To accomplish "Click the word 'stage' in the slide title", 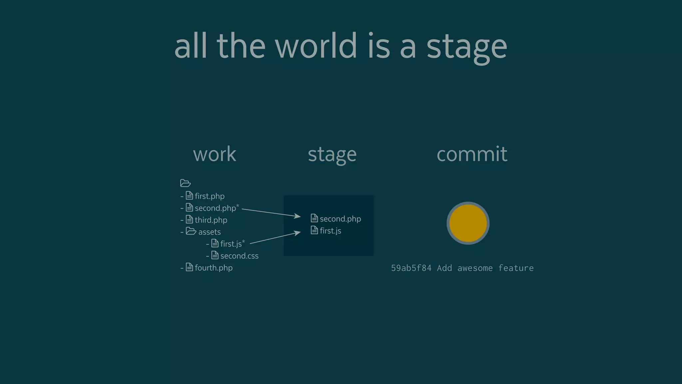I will pos(467,47).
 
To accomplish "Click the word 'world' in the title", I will pos(316,46).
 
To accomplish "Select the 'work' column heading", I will pos(214,154).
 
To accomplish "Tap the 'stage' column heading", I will pos(332,155).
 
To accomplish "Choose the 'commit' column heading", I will pos(472,154).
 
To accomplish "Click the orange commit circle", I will pos(468,223).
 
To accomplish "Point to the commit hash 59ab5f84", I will pos(411,268).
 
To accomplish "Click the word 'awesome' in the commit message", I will pos(475,268).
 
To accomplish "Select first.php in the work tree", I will pos(209,196).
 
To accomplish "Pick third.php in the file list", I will pos(211,220).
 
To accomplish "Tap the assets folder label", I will pos(209,232).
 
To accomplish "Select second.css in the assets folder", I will pos(239,256).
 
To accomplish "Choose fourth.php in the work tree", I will pos(213,268).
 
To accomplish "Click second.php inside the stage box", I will pos(340,219).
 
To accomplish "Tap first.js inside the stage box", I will pos(330,231).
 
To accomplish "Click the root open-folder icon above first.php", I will pos(185,183).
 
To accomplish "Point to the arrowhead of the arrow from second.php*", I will pos(298,217).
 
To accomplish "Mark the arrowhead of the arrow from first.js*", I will pos(298,233).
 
